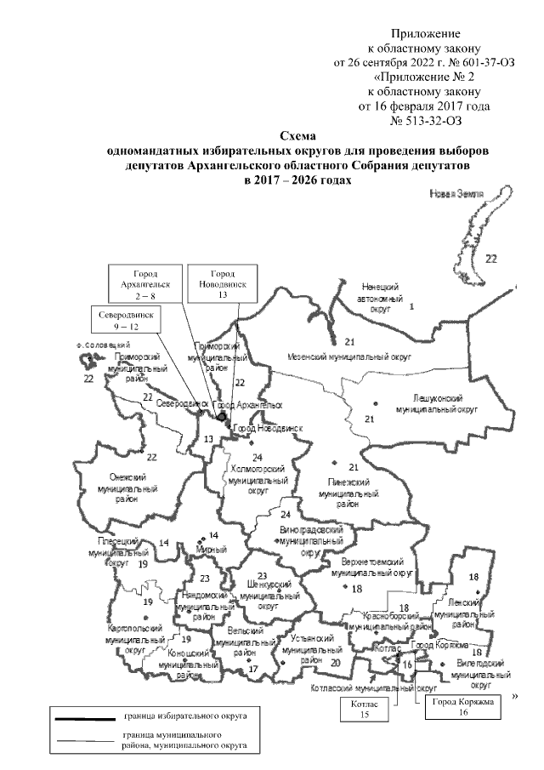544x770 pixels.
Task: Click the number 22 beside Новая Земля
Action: (x=490, y=258)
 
